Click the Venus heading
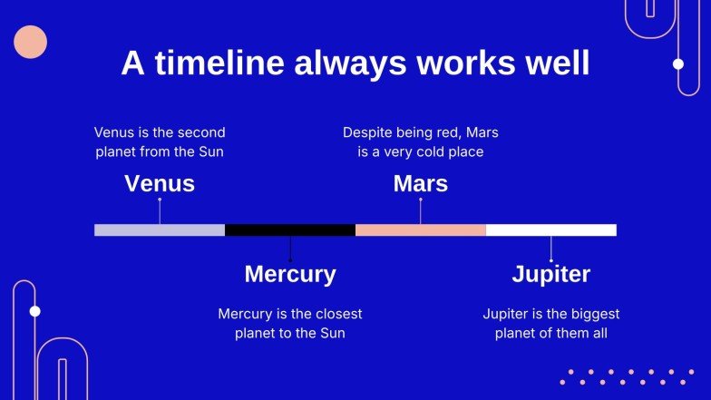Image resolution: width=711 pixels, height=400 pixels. (x=160, y=183)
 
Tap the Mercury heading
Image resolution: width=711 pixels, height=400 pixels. (x=290, y=274)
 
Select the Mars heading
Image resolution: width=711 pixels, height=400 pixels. (x=421, y=183)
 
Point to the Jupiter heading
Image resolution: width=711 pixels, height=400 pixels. (x=551, y=274)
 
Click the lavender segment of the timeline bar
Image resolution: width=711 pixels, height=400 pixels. (x=160, y=230)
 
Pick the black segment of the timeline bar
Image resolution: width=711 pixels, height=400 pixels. (x=290, y=230)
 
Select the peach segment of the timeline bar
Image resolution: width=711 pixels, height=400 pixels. (x=421, y=230)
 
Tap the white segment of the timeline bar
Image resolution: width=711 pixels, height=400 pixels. (x=551, y=230)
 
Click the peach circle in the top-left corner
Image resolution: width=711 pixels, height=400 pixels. (x=31, y=42)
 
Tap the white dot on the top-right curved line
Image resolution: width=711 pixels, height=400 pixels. (x=678, y=63)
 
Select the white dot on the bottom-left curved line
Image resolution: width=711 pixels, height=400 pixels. (x=34, y=311)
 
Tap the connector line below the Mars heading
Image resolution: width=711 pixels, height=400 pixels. (x=421, y=211)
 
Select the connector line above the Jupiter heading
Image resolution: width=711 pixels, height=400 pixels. (x=551, y=249)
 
